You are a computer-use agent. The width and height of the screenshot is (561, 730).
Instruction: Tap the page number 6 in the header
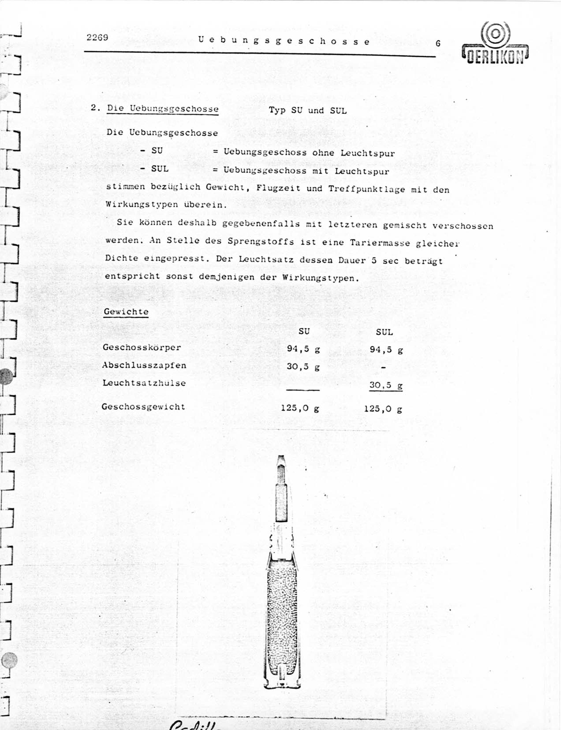(438, 43)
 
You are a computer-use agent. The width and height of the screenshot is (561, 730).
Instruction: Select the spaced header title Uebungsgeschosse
(284, 41)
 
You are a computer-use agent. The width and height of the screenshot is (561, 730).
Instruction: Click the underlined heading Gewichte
(126, 312)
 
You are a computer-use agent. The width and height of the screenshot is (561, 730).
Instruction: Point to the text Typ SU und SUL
(308, 110)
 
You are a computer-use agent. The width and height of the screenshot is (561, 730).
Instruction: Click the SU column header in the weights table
(304, 331)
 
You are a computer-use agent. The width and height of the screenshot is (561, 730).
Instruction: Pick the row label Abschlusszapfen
(144, 365)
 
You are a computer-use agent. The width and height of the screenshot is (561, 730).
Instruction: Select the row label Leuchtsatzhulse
(144, 383)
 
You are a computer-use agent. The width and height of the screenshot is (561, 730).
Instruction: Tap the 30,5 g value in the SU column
(303, 367)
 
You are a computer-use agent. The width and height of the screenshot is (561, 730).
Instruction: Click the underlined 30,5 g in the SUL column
(386, 385)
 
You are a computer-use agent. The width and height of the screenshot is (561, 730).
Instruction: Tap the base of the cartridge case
(282, 685)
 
